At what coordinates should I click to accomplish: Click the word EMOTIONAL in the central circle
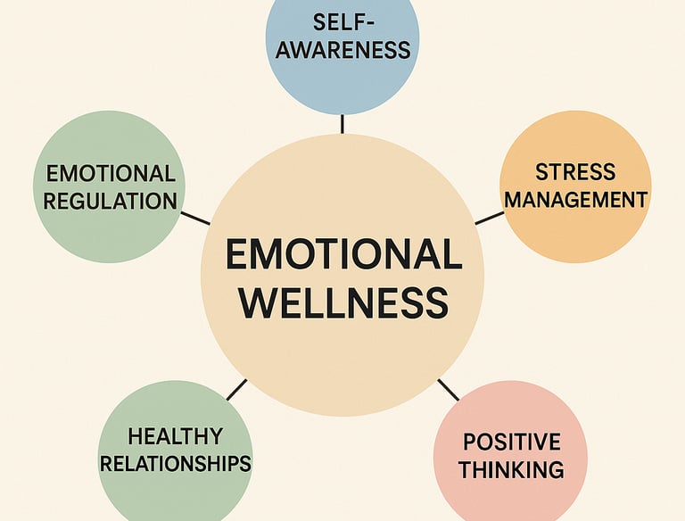(x=342, y=255)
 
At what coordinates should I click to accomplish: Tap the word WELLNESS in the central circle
(x=343, y=303)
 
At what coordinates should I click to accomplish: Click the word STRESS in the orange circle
(x=574, y=170)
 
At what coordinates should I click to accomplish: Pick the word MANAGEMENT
(x=574, y=199)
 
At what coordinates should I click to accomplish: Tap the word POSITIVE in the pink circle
(x=511, y=441)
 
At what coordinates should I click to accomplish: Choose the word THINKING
(x=511, y=468)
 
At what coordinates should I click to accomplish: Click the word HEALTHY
(x=175, y=436)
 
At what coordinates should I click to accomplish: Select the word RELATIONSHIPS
(x=175, y=464)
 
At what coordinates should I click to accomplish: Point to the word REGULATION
(x=110, y=201)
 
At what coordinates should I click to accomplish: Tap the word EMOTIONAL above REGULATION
(x=110, y=172)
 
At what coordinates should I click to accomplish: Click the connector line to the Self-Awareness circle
(x=342, y=123)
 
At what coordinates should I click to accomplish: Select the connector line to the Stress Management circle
(x=489, y=217)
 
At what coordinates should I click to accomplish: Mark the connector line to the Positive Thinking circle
(x=449, y=390)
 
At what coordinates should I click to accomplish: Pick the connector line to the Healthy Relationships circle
(x=236, y=390)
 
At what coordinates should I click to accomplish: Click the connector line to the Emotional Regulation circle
(x=195, y=218)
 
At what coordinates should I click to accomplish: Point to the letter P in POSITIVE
(x=470, y=441)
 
